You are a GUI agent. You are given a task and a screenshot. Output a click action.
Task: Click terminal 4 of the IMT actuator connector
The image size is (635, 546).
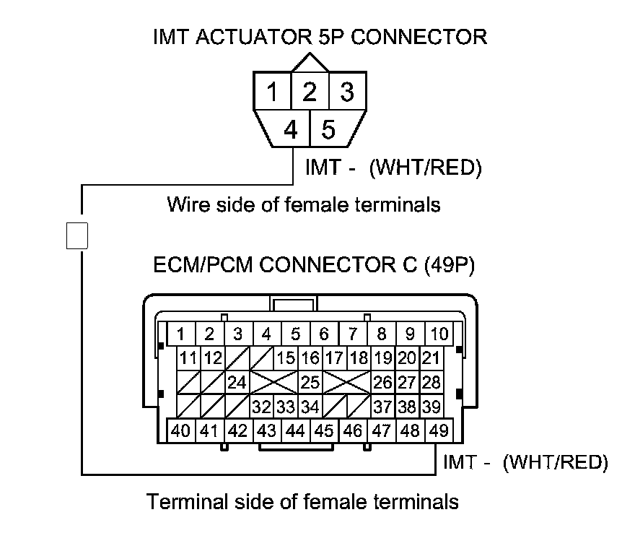coord(291,129)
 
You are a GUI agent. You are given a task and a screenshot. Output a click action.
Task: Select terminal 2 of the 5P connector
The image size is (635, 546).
coord(310,92)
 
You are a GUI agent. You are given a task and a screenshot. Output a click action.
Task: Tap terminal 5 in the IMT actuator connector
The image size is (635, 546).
coord(328,129)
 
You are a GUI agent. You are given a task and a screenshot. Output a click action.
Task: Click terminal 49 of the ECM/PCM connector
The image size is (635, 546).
coord(438,431)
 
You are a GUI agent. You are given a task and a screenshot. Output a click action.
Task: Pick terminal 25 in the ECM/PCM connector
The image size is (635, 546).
coord(310,382)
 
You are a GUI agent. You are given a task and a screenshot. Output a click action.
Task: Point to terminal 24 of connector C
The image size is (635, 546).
coord(237,382)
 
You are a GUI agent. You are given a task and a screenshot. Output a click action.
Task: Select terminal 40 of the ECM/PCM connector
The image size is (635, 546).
coord(180,431)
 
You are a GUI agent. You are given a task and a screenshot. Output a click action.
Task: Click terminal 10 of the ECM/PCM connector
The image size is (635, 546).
coord(438,334)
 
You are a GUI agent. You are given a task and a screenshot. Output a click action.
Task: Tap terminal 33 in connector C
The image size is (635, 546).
coord(286,407)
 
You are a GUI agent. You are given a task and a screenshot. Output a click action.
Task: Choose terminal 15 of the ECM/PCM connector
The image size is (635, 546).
coord(286,357)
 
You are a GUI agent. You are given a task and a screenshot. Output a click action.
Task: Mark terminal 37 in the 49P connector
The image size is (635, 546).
coord(382,407)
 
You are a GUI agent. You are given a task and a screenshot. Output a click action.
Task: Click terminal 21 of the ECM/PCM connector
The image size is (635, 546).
coord(431,357)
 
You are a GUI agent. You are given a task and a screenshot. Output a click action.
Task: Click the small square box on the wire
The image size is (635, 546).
coord(77,235)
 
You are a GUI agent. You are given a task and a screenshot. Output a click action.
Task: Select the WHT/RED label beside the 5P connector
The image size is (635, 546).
coord(425,168)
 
